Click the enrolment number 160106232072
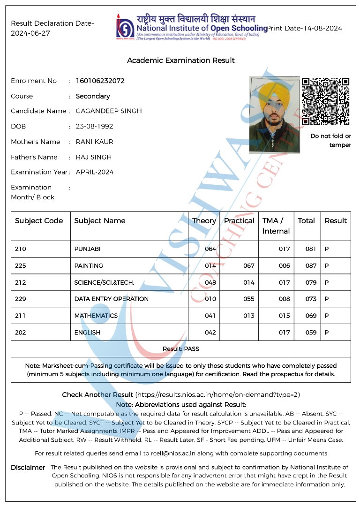[100, 81]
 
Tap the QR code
[325, 101]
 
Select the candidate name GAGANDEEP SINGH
[109, 111]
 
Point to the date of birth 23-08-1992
[94, 127]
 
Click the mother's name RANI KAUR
[94, 142]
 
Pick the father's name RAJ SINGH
[94, 157]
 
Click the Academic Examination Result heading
[181, 61]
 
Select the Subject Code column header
[39, 221]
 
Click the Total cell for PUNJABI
[310, 249]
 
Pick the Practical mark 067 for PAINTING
[249, 266]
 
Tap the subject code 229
[20, 299]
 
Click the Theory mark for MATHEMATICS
[210, 316]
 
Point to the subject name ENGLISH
[87, 333]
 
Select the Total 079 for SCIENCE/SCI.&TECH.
[310, 282]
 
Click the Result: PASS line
[180, 349]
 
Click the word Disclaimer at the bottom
[28, 468]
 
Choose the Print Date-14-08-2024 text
[304, 28]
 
